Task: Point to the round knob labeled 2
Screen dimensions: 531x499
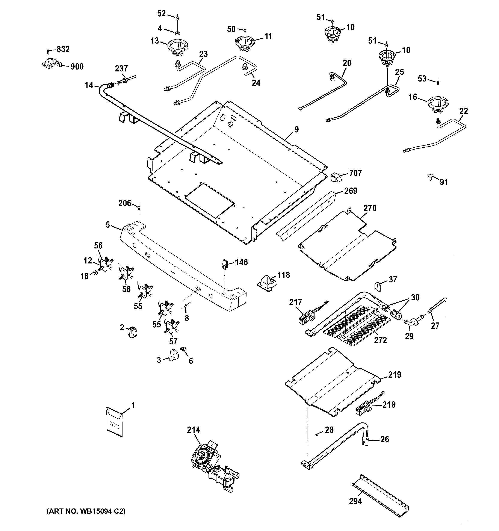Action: (133, 333)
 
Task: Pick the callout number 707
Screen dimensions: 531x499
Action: (355, 173)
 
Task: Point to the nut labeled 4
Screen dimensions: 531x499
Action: (177, 33)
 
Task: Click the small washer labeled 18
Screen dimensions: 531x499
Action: (95, 273)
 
